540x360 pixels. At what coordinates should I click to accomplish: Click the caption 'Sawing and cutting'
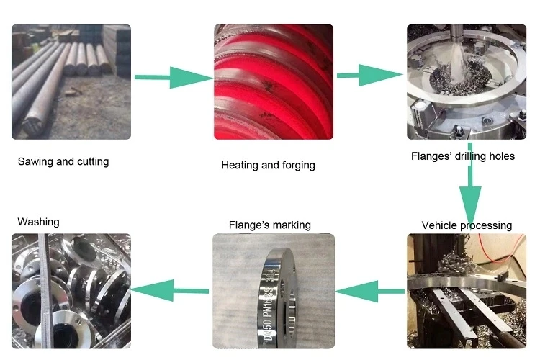[63, 161]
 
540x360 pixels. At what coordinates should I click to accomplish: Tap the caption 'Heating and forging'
[268, 165]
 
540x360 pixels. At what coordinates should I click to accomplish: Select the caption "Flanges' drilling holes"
[462, 156]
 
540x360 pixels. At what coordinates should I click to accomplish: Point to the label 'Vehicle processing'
[467, 225]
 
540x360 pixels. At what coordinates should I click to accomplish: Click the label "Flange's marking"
[269, 225]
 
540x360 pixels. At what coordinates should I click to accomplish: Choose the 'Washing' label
[38, 222]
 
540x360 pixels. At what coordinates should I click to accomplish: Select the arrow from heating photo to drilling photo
[370, 74]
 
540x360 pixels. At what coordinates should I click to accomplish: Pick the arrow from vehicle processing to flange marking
[370, 291]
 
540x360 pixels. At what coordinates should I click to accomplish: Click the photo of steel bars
[71, 81]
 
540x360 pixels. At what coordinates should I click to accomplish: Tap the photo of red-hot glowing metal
[273, 81]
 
